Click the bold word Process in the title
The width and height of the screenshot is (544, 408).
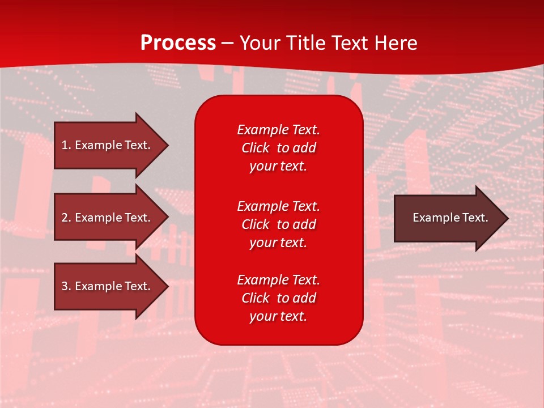[178, 43]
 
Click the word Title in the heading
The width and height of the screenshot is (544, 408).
[305, 43]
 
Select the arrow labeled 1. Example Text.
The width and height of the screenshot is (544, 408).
[106, 145]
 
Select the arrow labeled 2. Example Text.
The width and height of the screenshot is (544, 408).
[106, 218]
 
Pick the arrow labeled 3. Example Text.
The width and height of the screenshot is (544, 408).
[106, 286]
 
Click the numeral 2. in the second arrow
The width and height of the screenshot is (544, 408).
[66, 218]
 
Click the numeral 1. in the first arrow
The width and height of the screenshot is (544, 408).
[66, 145]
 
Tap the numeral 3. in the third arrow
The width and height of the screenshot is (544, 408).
[66, 286]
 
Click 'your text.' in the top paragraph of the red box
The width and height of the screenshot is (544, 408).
[278, 167]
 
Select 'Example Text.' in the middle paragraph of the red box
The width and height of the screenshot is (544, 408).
[278, 206]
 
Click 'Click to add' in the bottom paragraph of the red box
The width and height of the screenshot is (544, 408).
[278, 298]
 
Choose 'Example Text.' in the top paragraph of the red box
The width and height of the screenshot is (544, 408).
[278, 130]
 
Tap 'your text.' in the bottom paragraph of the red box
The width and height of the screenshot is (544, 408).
[278, 317]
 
